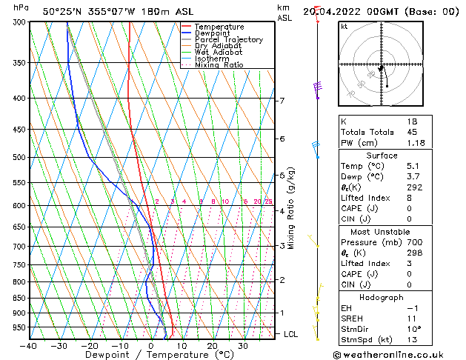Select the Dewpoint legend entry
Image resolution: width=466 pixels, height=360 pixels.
click(x=214, y=33)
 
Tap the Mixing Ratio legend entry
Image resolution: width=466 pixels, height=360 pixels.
click(x=219, y=65)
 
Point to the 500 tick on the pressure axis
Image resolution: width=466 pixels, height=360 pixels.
click(x=19, y=158)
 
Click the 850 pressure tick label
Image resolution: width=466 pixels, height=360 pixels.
click(x=19, y=299)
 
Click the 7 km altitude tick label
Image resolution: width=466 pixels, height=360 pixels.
click(x=282, y=101)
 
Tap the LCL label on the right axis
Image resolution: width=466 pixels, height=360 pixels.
click(x=291, y=334)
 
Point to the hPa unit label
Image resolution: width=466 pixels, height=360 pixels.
click(x=21, y=7)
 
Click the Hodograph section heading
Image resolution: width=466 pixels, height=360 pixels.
click(x=382, y=297)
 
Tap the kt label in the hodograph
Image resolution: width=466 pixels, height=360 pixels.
click(x=344, y=27)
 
